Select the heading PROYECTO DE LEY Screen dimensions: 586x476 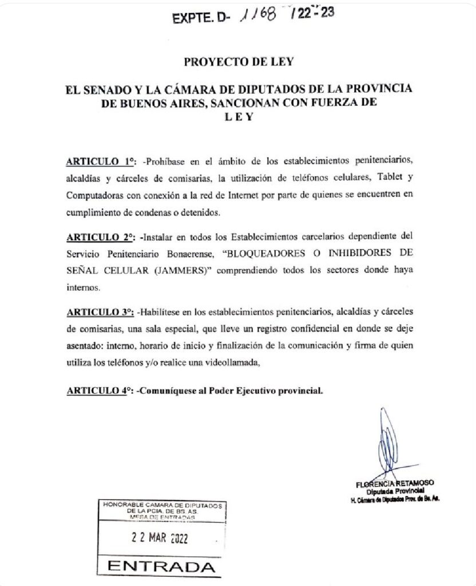[x=237, y=61]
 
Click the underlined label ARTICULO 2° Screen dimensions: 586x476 [x=100, y=236]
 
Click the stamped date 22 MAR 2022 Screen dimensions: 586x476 [x=158, y=538]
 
